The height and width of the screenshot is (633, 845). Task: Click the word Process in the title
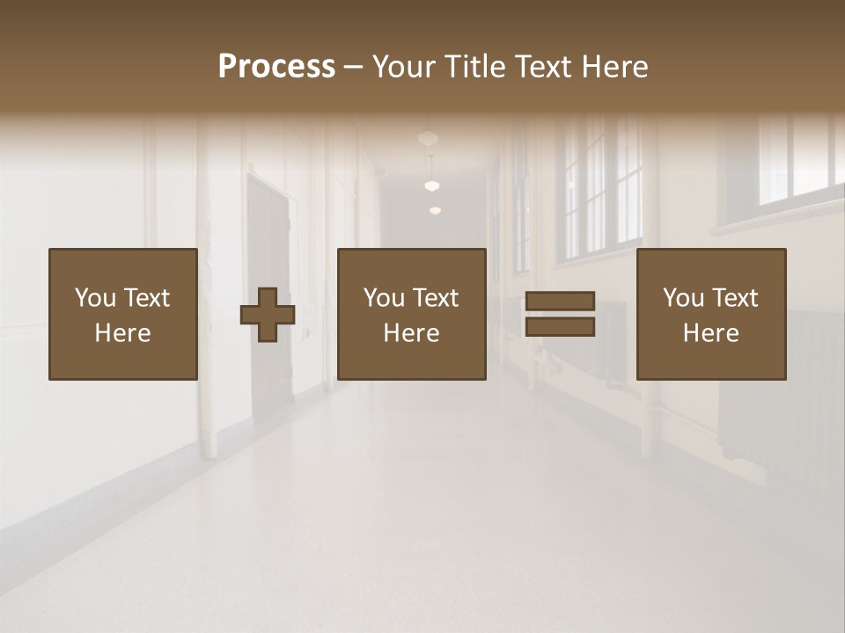276,67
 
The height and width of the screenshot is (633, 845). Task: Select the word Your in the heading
405,67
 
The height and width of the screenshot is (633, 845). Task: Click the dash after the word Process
354,68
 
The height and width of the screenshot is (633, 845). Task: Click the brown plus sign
268,315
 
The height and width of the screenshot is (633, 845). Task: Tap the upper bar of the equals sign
560,302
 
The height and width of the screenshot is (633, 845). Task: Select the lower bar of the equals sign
560,327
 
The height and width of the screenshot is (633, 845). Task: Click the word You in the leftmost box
95,298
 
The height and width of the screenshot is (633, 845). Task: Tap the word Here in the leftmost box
123,333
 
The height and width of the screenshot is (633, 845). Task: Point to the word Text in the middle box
437,298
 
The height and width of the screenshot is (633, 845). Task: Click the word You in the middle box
384,298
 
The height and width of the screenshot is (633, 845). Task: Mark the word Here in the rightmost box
711,333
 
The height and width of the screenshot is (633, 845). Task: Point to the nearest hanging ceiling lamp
428,138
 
